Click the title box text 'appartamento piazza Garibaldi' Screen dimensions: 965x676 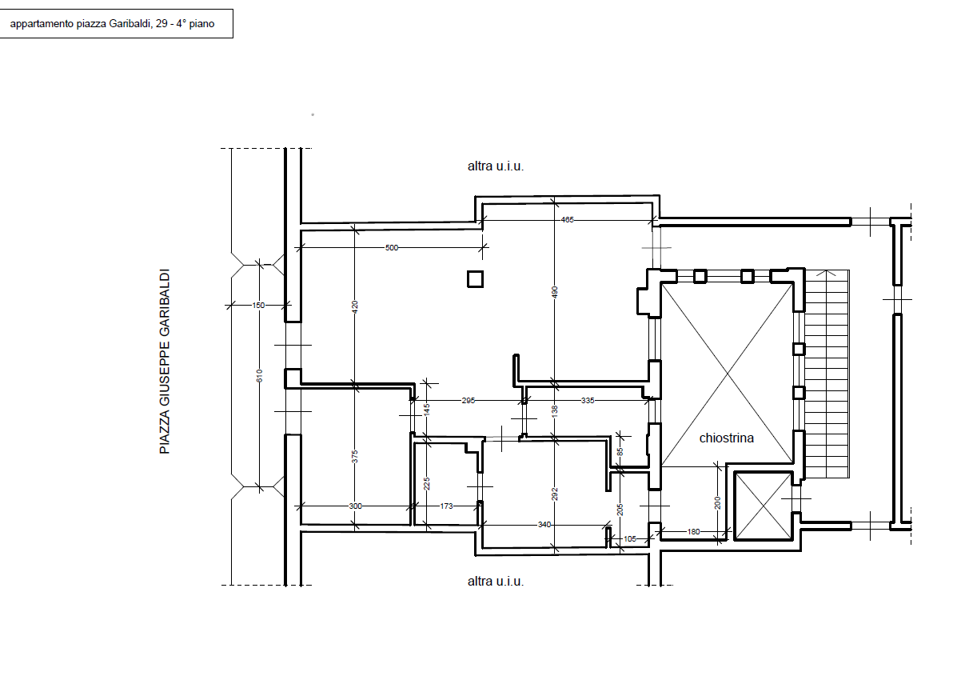click(x=80, y=24)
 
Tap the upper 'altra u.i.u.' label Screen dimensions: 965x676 click(x=496, y=166)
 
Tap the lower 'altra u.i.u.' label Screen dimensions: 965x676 click(x=496, y=582)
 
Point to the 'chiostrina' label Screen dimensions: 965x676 click(x=726, y=438)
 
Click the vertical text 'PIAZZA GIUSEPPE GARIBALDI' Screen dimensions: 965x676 click(x=165, y=362)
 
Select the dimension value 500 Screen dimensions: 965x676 click(x=392, y=248)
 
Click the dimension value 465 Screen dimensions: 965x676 click(x=568, y=220)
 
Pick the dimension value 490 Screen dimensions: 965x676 click(x=555, y=292)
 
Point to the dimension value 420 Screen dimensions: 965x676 click(x=355, y=307)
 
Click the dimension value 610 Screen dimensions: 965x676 click(x=259, y=375)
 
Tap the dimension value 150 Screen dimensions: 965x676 click(x=258, y=306)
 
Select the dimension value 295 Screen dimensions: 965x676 click(x=469, y=401)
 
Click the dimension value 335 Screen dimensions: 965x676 click(x=588, y=401)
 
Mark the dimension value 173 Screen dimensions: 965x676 click(x=446, y=506)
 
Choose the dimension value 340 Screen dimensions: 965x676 click(x=544, y=525)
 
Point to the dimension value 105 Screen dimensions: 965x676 click(x=630, y=539)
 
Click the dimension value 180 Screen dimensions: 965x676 click(x=694, y=532)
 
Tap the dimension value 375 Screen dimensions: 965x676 click(x=355, y=457)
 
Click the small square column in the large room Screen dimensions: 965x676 click(x=475, y=279)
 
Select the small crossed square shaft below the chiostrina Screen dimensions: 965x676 click(x=764, y=506)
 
